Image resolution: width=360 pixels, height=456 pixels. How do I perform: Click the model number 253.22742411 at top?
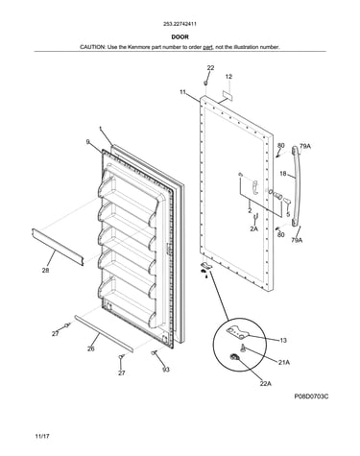(180, 24)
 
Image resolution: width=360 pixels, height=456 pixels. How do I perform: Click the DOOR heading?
(180, 37)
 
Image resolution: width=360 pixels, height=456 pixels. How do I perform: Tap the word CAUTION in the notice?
(92, 47)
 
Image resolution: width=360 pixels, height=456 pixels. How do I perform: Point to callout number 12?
(228, 77)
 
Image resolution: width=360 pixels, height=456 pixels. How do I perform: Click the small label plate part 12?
(227, 94)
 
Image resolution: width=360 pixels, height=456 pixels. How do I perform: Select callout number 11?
(182, 92)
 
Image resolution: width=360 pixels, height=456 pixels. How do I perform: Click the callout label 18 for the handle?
(283, 174)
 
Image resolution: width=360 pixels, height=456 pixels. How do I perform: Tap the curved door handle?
(297, 185)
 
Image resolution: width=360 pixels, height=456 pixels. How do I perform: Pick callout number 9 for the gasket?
(88, 141)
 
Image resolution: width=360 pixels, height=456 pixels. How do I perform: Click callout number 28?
(46, 271)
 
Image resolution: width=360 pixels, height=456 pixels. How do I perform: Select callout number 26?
(91, 348)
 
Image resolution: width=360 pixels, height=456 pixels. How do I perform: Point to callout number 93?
(166, 370)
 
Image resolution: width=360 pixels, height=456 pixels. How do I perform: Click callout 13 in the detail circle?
(283, 340)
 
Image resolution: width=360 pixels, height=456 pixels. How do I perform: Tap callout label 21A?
(284, 362)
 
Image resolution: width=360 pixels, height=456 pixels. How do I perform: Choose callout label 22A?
(265, 383)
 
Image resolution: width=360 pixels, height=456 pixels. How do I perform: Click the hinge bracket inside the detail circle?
(237, 331)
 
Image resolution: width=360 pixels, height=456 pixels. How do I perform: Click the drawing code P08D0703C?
(311, 396)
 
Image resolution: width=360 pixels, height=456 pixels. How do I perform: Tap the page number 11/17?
(42, 436)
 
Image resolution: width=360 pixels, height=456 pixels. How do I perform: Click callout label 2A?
(254, 228)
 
